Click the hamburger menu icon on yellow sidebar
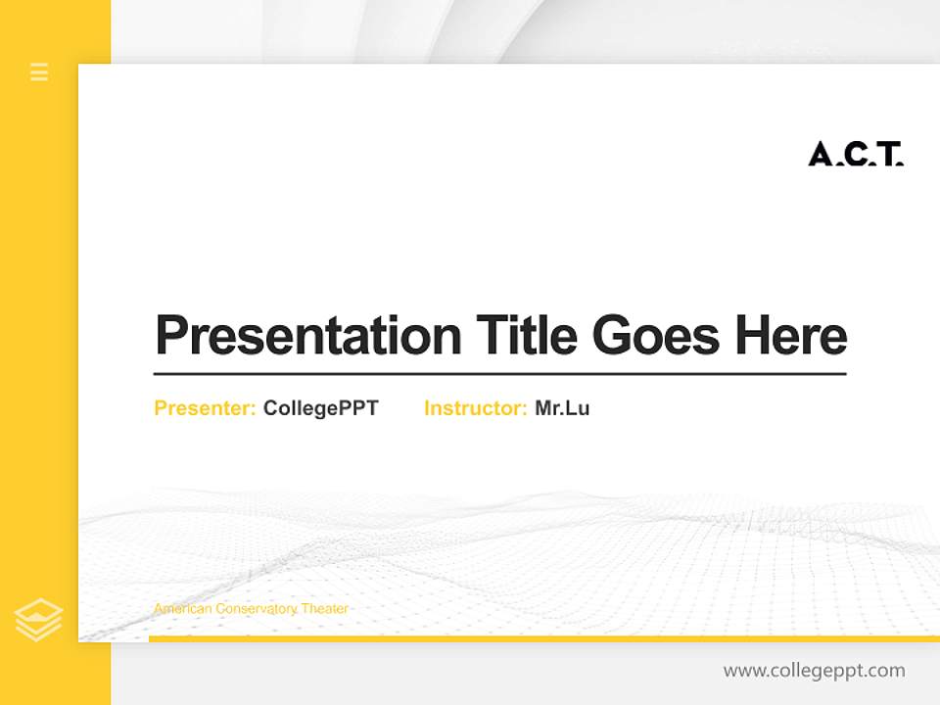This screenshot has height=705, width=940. point(39,71)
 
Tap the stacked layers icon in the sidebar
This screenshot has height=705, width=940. point(39,620)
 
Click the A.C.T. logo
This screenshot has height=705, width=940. point(856,154)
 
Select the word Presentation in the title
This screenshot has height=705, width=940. point(307,336)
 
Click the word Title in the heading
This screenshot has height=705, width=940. point(526,335)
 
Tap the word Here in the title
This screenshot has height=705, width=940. point(791,335)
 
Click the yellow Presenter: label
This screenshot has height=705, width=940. point(205,408)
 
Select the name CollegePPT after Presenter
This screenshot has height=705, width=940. point(320,408)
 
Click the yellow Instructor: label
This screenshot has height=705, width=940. point(475,408)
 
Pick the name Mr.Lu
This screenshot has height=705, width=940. point(562,408)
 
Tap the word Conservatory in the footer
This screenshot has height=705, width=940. point(256,609)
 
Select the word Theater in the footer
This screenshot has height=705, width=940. point(325,609)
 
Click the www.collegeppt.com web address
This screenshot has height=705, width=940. point(814,671)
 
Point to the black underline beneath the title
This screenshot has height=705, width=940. point(499,374)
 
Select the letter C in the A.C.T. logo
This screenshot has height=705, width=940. point(856,154)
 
